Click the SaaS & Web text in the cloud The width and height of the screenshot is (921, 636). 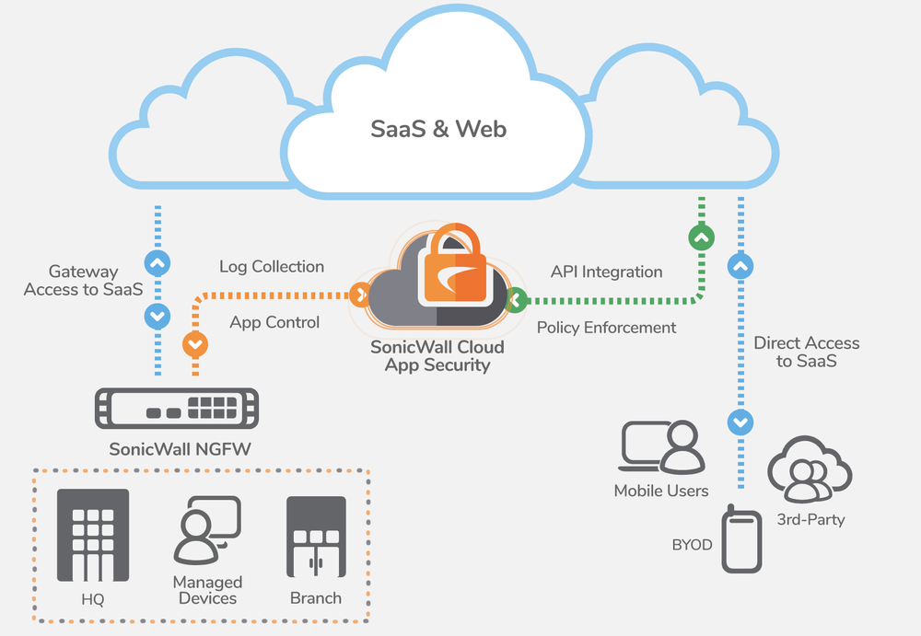click(x=438, y=129)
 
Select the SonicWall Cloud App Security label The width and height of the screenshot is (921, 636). click(x=437, y=355)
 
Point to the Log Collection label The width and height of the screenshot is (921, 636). click(x=271, y=267)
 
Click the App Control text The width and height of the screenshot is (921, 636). click(x=274, y=322)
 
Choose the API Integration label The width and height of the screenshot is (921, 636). click(x=606, y=272)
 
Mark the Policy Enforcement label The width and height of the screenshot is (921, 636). click(x=606, y=328)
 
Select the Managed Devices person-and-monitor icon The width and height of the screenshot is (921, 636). click(x=207, y=529)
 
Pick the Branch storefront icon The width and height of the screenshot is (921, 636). click(x=316, y=536)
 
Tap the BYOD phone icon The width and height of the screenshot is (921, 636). click(x=743, y=538)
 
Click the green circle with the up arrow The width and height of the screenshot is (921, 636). click(x=702, y=238)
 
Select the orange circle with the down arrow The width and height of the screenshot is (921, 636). click(x=195, y=344)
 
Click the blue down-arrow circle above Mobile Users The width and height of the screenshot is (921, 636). click(x=740, y=422)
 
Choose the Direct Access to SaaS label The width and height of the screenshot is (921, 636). click(x=806, y=352)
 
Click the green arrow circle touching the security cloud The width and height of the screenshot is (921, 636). click(x=516, y=298)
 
